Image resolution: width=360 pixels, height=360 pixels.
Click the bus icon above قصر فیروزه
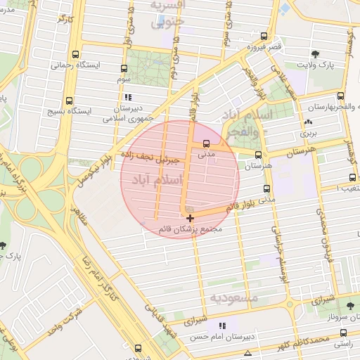(264, 37)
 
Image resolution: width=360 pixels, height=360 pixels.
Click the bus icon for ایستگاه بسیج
(69, 101)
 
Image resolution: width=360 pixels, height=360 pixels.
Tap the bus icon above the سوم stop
(124, 69)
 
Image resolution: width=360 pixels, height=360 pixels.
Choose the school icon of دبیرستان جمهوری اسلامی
(127, 97)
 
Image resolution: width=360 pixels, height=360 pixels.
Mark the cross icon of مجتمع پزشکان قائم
(190, 219)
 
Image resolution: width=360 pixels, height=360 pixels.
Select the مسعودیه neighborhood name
(233, 298)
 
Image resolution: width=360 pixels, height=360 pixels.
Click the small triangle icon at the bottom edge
(247, 352)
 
